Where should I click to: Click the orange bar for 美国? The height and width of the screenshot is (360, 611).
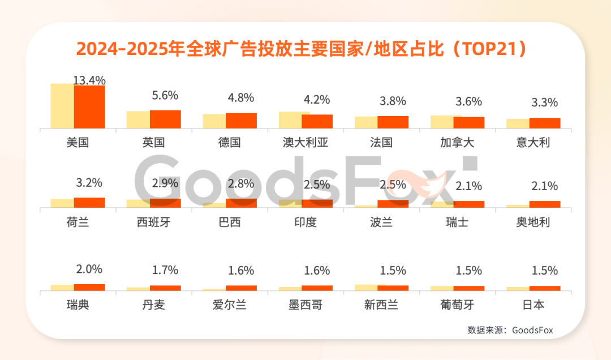pos(89,107)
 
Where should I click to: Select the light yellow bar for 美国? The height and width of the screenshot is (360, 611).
pos(62,106)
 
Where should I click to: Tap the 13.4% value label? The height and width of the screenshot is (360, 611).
pos(89,80)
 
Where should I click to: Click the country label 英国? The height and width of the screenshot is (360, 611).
pos(154,143)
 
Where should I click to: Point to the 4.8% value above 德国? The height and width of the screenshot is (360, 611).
pos(240,97)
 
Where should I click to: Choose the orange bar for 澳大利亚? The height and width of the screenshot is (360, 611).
pos(317,121)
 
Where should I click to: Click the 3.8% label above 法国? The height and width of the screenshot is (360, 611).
pos(393,101)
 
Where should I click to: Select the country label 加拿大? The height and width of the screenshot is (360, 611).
pos(457,143)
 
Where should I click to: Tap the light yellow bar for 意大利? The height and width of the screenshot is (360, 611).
pos(518,123)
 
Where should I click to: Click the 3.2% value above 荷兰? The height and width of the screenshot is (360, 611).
pos(89,183)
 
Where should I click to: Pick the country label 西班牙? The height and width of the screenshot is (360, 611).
pos(154,222)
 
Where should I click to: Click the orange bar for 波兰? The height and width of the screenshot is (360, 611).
pos(393,204)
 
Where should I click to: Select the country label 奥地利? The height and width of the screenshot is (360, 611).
pos(533,222)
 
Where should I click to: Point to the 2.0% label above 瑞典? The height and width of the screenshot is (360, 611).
pos(89,269)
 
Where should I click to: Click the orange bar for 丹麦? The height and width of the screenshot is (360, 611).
pos(165,288)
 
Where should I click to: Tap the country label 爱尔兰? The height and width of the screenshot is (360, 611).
pos(230,306)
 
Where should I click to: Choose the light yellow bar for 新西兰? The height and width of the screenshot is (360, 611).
pos(366,288)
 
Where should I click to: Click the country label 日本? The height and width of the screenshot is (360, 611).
pos(533,306)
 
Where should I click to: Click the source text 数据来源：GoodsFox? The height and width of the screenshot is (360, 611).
pos(510,330)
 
